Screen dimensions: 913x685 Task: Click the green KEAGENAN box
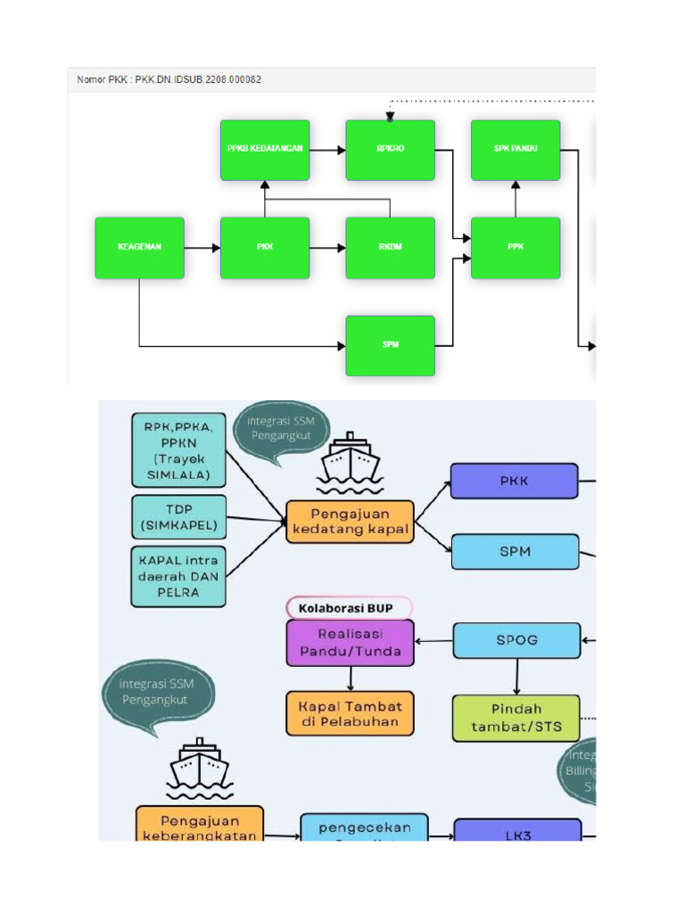139,248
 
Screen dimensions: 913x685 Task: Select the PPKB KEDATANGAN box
265,150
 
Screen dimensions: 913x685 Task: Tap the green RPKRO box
390,150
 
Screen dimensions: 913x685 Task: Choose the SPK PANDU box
516,150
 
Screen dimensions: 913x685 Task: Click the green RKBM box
390,248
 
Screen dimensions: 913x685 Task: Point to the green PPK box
516,248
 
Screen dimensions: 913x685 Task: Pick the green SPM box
390,345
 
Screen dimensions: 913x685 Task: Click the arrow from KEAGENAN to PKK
202,248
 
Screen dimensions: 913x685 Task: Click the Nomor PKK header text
169,80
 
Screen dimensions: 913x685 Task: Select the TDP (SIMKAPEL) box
177,518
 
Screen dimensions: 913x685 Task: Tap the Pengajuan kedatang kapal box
350,522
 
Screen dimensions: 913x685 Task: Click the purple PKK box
515,481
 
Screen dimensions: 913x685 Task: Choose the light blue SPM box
515,552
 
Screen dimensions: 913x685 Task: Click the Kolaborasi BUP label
350,608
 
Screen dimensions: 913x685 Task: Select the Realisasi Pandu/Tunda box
350,643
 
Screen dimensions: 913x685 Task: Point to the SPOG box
516,640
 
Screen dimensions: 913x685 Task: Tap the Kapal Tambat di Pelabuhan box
350,713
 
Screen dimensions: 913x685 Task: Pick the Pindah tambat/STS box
516,718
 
